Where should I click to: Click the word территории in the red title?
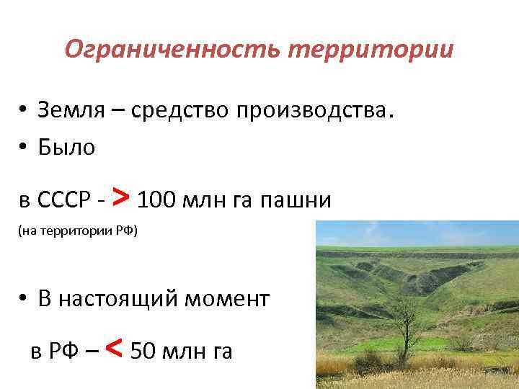tap(371, 50)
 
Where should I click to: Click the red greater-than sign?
tap(122, 196)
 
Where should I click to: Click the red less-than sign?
tap(113, 349)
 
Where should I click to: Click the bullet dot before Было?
tap(24, 148)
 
